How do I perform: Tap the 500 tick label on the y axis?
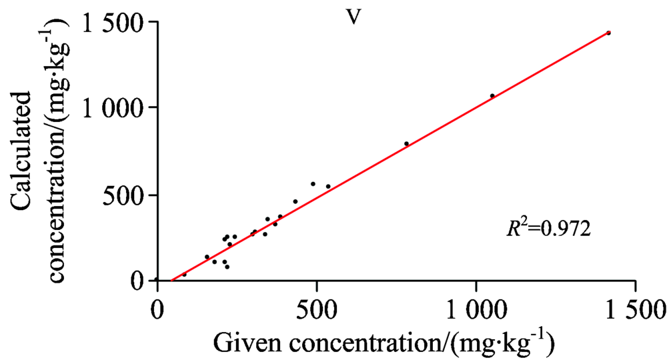124,195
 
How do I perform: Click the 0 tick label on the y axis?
139,281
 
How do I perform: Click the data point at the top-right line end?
608,33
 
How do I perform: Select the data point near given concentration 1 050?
492,96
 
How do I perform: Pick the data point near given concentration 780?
406,143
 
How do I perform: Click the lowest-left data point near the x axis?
184,274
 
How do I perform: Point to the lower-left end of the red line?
171,280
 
